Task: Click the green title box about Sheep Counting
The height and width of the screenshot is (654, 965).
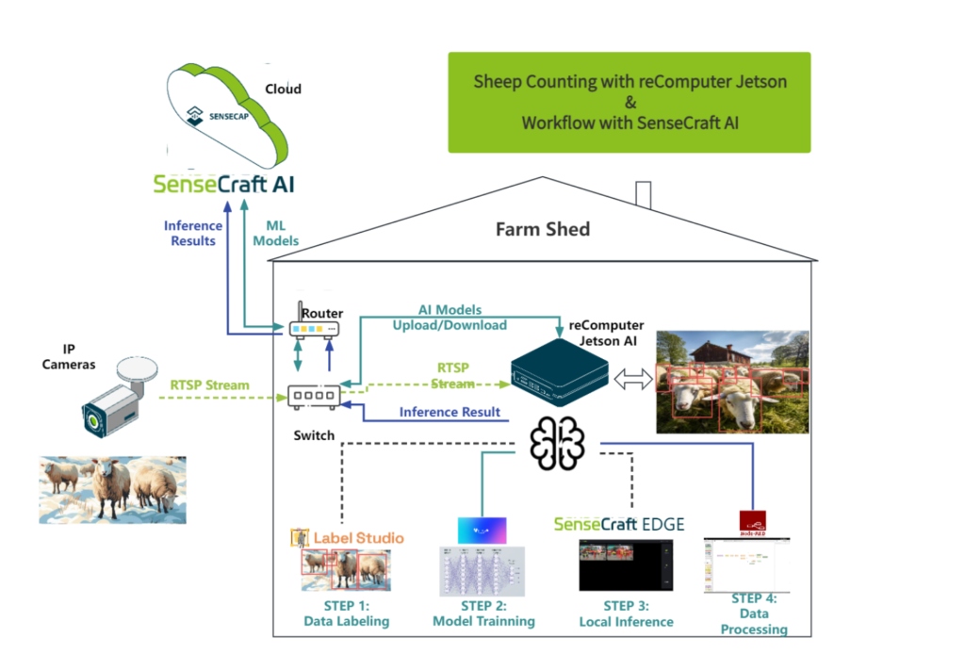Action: [629, 102]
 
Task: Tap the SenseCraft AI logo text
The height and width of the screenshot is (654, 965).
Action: [223, 183]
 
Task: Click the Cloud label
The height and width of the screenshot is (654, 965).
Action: [283, 89]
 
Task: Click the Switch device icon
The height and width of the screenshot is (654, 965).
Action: [314, 397]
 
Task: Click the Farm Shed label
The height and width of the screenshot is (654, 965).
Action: [542, 229]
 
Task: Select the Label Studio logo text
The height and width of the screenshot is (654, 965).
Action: [358, 538]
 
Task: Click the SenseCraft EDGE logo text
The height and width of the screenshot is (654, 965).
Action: [618, 524]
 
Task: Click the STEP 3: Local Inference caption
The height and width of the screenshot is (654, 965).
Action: [626, 613]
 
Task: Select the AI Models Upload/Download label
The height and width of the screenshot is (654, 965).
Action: [450, 318]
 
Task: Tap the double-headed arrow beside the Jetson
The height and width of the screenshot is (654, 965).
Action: [632, 379]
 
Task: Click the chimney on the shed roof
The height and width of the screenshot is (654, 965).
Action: [644, 194]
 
